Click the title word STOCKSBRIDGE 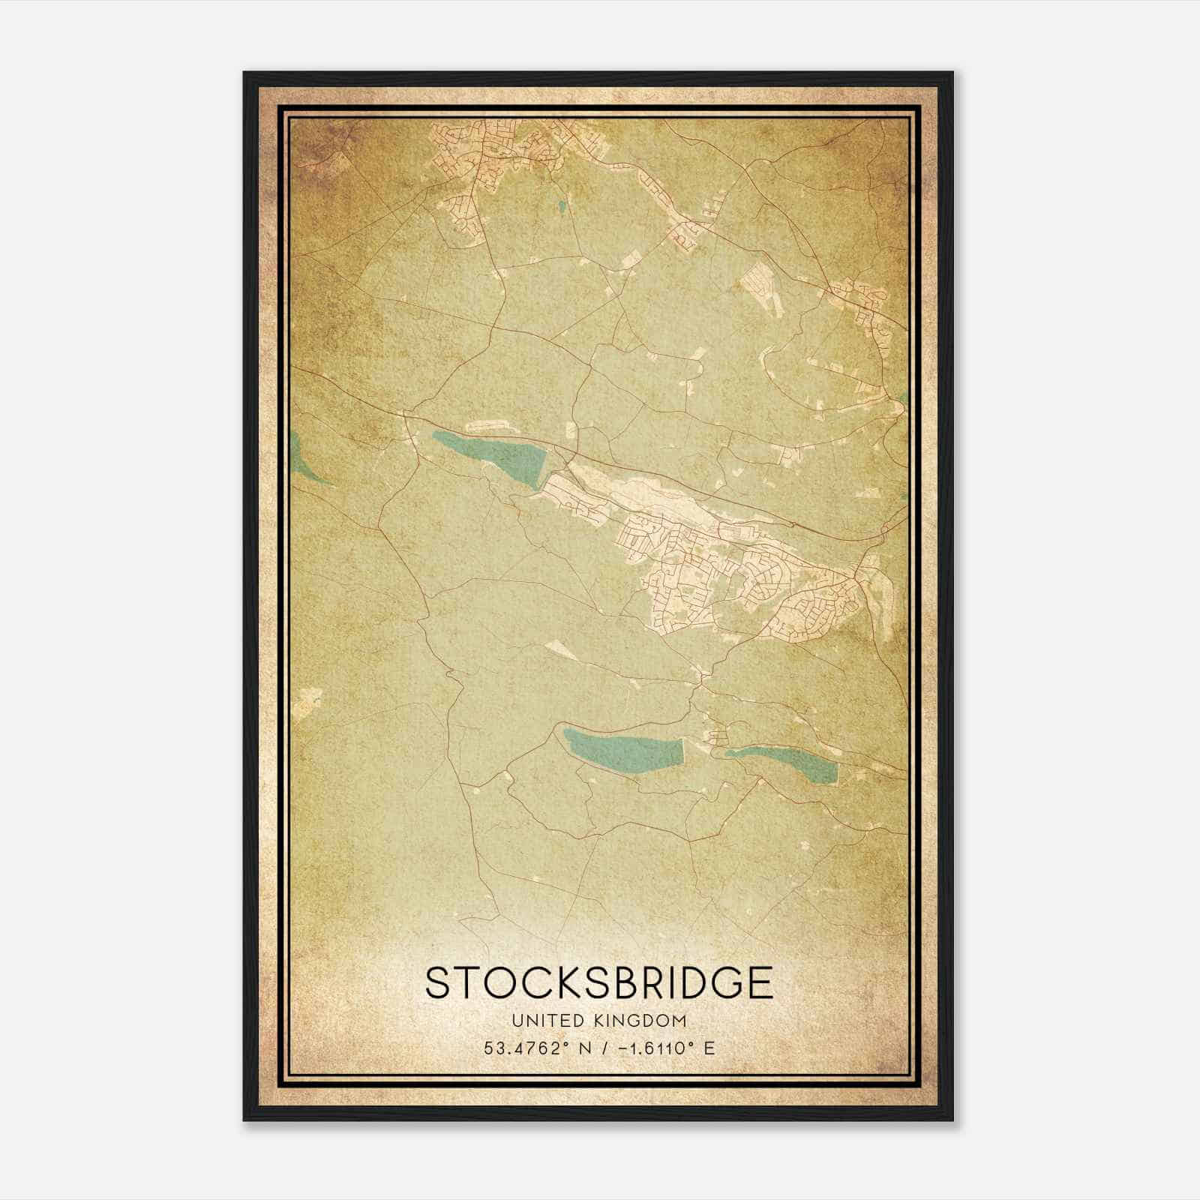[x=598, y=983]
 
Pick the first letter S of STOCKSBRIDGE [x=438, y=983]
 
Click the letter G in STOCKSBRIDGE [x=726, y=983]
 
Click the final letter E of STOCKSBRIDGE [x=760, y=983]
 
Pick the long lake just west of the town [x=495, y=454]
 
